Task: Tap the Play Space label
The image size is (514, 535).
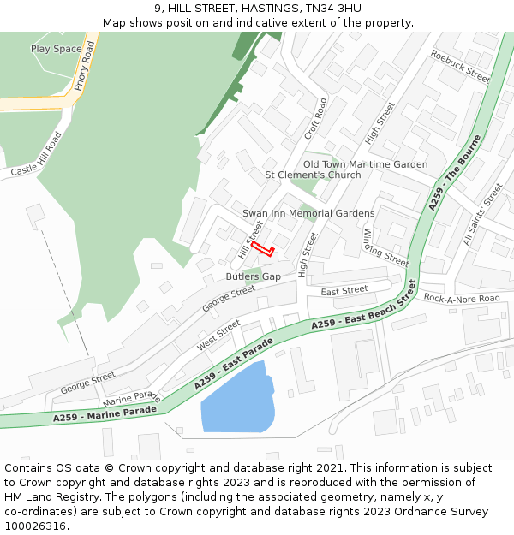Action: point(57,49)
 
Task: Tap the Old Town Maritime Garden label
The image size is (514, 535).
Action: point(365,164)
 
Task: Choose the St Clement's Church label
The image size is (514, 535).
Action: point(313,175)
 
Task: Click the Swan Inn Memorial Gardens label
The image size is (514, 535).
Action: point(308,213)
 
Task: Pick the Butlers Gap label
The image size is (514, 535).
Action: point(253,276)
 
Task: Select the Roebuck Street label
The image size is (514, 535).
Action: point(460,67)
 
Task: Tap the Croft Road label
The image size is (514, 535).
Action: point(316,119)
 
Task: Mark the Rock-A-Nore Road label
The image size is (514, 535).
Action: point(462,298)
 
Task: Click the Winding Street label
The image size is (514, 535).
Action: point(385,248)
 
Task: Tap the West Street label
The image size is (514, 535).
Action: point(218,335)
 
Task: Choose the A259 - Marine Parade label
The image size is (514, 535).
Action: point(105,413)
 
